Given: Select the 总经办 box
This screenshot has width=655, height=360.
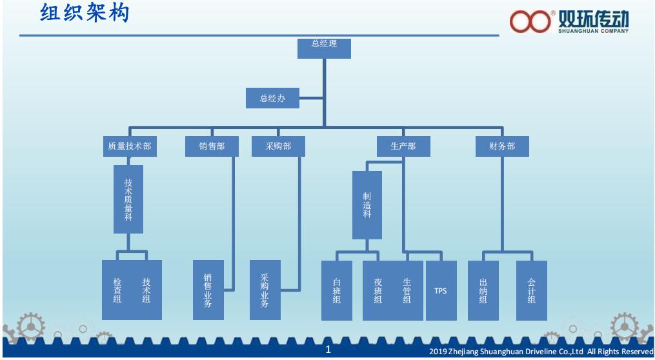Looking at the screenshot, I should [x=272, y=99].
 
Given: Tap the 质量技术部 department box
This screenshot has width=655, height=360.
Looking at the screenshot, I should [x=129, y=146].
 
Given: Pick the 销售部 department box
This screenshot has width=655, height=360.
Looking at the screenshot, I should [x=212, y=146].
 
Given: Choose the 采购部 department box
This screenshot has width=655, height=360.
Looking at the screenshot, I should [x=278, y=146].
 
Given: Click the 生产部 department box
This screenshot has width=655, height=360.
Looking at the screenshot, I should [x=403, y=146].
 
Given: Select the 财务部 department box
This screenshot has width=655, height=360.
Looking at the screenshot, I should [x=502, y=146].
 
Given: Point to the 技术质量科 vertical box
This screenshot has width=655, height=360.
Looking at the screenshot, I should [x=128, y=199].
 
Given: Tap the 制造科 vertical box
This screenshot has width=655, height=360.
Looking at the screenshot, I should [x=367, y=205].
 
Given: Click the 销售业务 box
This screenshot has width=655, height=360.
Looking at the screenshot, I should [x=208, y=290].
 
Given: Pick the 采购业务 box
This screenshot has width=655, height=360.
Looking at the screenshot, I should [x=265, y=290].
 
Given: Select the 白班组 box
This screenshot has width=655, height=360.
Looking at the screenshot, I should [x=337, y=290].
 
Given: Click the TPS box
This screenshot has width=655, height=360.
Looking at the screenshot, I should [x=441, y=290].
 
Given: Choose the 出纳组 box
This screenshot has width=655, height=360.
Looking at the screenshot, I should [x=483, y=290].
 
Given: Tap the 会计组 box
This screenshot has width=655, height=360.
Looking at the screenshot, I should [x=531, y=290].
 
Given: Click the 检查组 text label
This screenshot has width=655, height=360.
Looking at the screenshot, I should [x=117, y=290].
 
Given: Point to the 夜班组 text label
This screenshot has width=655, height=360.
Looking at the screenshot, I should [x=378, y=290].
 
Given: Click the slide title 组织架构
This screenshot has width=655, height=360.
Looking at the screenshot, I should [x=85, y=14].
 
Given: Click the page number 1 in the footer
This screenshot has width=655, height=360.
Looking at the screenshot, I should [x=328, y=350].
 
